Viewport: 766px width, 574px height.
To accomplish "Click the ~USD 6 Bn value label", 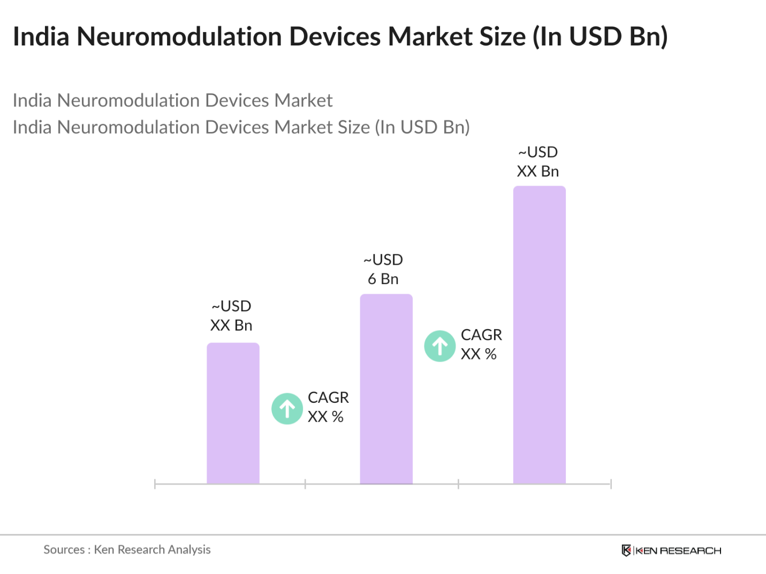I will tap(383, 269).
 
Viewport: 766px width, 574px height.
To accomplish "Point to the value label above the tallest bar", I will tap(538, 162).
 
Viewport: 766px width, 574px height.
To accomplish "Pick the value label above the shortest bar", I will tap(231, 316).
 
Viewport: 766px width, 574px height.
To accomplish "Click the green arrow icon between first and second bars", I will tap(287, 409).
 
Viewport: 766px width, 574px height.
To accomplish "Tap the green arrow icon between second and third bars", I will tap(440, 346).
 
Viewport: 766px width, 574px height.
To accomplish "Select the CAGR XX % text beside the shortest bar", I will tap(328, 407).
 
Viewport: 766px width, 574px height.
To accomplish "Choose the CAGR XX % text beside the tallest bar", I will tap(481, 345).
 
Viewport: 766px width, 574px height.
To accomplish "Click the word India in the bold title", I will tap(41, 36).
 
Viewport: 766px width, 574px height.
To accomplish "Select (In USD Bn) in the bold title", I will tap(600, 36).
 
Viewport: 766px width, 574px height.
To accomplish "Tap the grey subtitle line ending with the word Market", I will tap(172, 101).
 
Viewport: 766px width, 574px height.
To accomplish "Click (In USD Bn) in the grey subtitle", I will tap(422, 127).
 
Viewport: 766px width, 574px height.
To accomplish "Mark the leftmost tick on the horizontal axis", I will tap(155, 484).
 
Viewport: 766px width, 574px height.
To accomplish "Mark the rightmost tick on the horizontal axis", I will tap(611, 484).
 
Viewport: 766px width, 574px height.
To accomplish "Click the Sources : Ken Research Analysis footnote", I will tap(127, 549).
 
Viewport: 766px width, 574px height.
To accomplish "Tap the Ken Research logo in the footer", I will tap(671, 550).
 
